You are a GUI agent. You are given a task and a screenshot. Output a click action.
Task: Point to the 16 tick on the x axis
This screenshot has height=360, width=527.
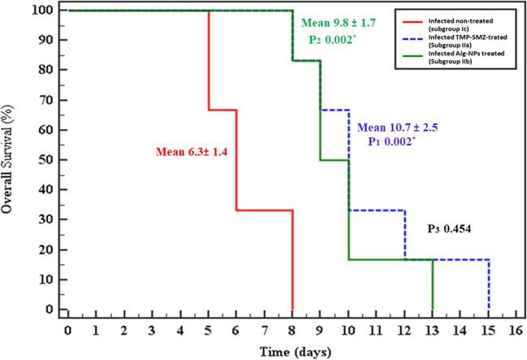[x=516, y=331]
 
